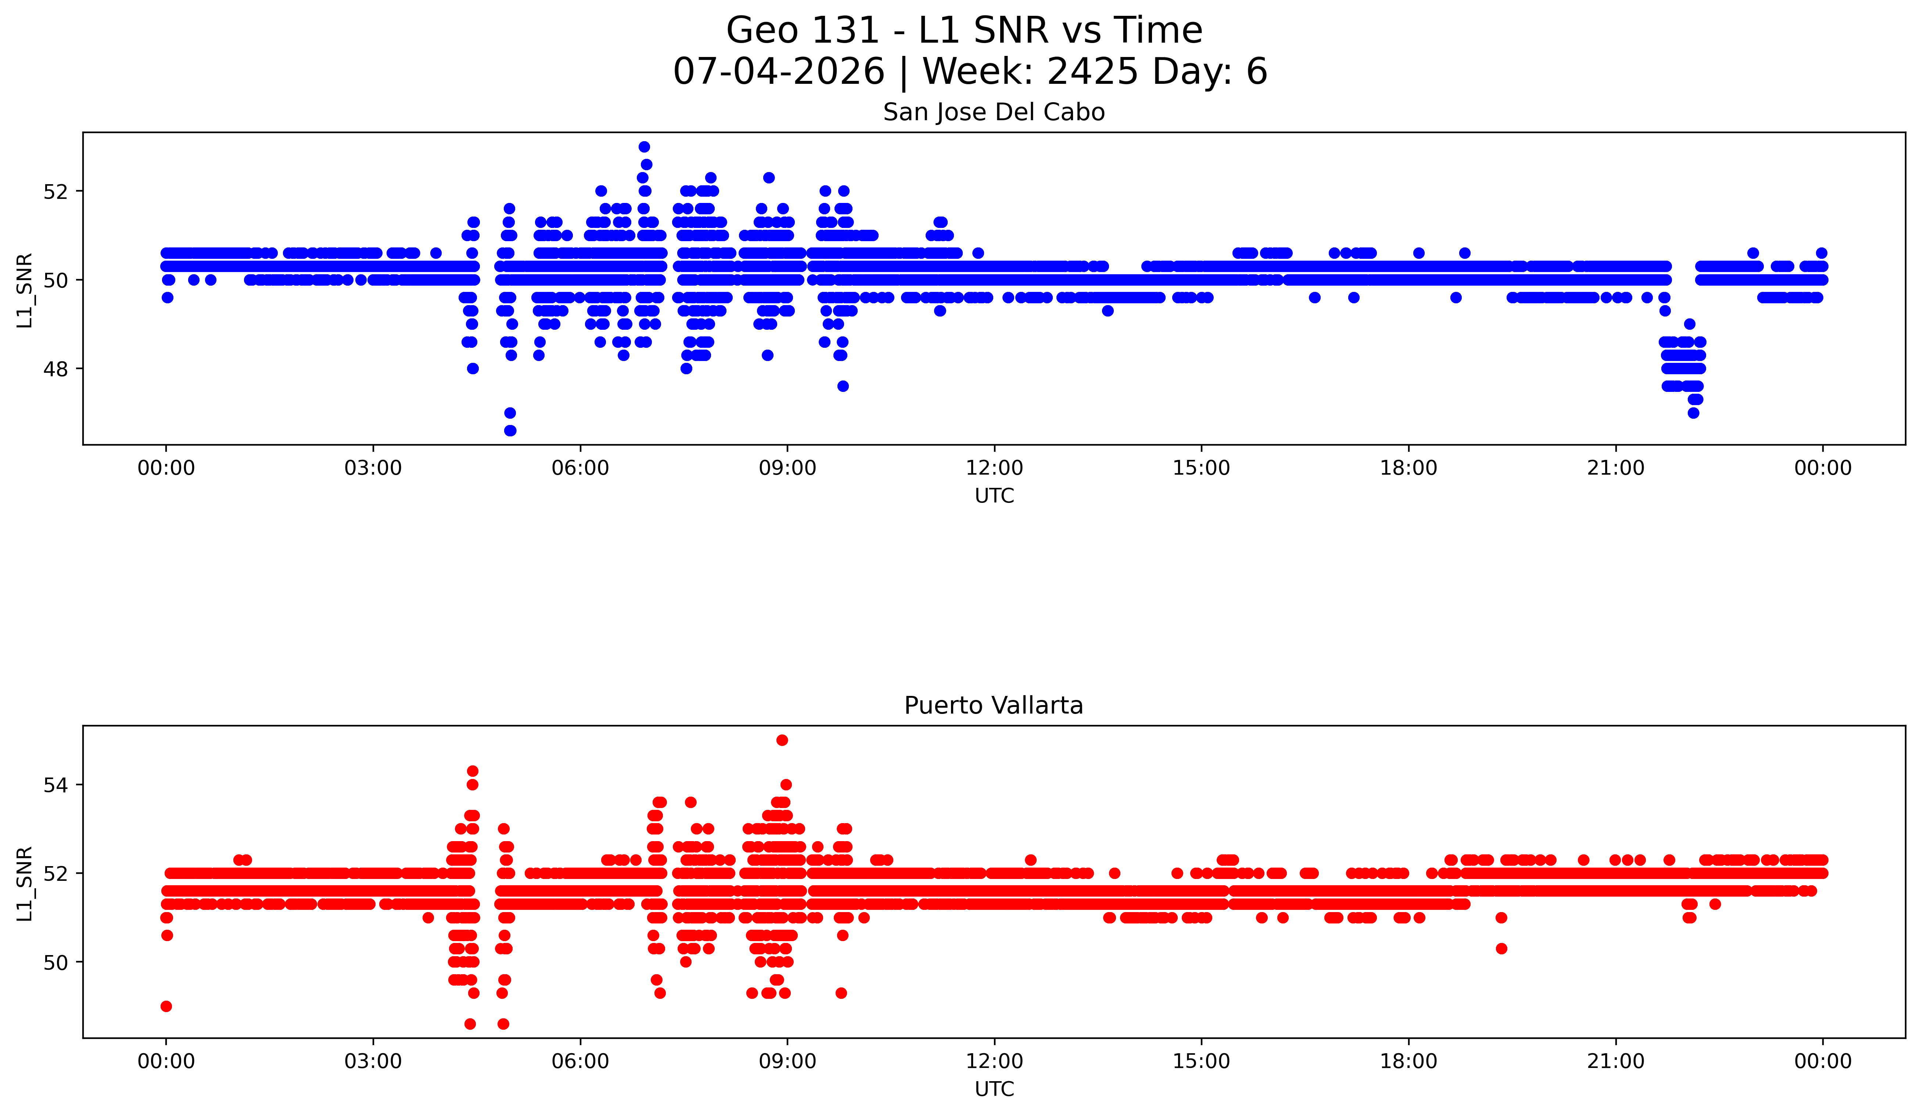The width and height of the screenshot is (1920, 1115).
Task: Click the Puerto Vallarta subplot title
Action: click(x=994, y=706)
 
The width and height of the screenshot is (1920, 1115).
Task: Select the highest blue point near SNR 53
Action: click(x=644, y=146)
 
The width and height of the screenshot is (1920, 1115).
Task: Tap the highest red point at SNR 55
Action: click(x=782, y=740)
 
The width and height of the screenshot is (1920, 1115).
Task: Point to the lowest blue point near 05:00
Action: click(x=510, y=430)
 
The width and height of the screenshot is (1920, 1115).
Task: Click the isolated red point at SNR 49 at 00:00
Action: click(x=166, y=1006)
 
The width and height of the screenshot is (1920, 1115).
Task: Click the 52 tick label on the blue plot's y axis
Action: click(x=55, y=191)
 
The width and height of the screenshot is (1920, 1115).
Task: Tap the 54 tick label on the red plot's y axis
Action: click(x=55, y=785)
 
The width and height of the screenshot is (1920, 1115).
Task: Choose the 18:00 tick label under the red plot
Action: click(x=1409, y=1061)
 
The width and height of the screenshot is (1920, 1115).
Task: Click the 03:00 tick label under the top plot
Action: click(x=373, y=468)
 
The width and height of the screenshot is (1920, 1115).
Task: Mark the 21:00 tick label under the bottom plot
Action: click(x=1616, y=1061)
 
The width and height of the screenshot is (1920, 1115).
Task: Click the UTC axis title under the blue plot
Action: click(x=994, y=496)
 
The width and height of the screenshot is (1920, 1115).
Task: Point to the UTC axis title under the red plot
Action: click(x=994, y=1089)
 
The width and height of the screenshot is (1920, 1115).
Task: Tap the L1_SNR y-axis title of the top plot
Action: click(x=24, y=290)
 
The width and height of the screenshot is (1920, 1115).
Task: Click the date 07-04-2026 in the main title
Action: click(x=779, y=72)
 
